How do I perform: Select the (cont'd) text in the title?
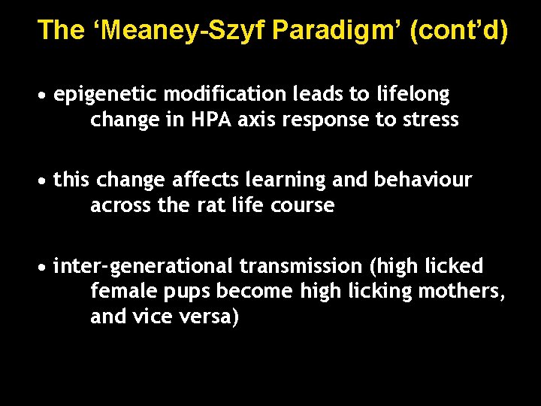click(x=459, y=30)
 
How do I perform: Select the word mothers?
click(x=461, y=292)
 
